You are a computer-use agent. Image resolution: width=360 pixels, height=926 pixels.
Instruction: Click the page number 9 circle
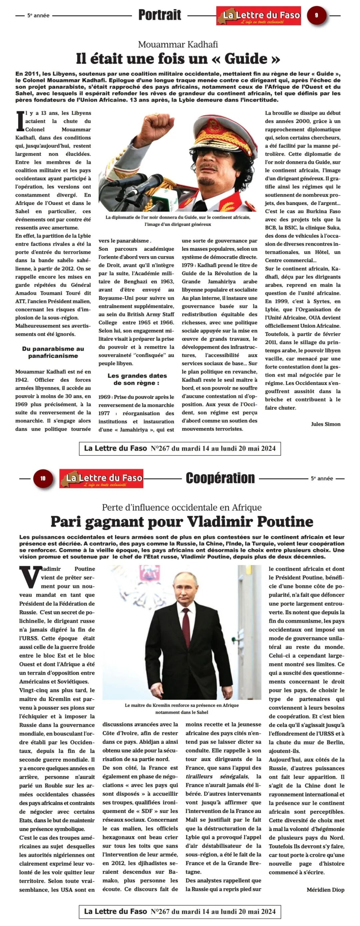[316, 15]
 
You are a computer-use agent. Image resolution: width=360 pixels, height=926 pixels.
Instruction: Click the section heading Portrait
[160, 15]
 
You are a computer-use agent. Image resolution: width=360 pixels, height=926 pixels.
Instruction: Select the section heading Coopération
[220, 478]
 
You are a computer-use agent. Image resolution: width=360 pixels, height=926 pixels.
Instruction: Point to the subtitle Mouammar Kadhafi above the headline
[178, 45]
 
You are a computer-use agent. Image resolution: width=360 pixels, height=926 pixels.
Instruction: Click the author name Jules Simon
[325, 424]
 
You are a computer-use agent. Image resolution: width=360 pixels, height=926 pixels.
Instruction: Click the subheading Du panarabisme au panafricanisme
[53, 352]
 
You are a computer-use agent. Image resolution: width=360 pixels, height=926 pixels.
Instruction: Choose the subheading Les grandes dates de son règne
[137, 379]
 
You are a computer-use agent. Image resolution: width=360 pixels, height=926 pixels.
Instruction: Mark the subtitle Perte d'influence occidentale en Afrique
[182, 507]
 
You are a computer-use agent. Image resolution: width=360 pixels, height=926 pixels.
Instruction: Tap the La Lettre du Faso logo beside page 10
[101, 478]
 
